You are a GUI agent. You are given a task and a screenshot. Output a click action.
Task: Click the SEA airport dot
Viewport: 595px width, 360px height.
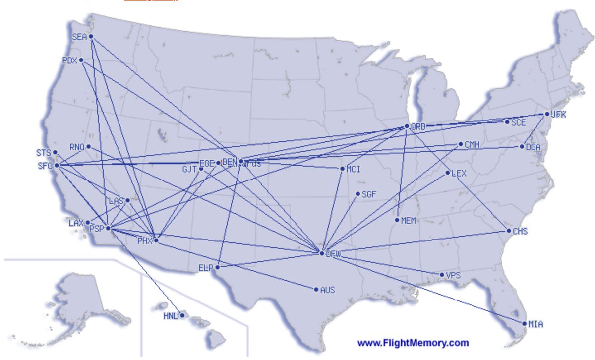click(91, 37)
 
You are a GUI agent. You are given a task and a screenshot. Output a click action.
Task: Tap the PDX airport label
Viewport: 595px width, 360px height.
click(69, 60)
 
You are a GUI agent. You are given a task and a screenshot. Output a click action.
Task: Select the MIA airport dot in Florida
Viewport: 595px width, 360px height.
click(525, 324)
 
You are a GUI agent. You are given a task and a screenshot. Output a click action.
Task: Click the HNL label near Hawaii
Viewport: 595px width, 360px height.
click(170, 316)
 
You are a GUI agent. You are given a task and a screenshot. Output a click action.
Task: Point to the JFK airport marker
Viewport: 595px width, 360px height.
click(547, 114)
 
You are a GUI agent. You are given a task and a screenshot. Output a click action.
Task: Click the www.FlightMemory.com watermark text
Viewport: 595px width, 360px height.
click(413, 343)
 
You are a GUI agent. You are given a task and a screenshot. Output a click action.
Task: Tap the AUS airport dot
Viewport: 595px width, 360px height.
click(316, 289)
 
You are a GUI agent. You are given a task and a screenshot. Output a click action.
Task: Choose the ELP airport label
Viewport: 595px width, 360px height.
click(205, 268)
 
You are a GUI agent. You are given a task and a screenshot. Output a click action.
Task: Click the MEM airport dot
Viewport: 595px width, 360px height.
click(398, 220)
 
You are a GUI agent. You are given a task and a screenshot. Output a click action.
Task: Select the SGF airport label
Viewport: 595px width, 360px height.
click(370, 194)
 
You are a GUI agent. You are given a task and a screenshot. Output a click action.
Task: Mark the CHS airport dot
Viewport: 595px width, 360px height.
click(509, 231)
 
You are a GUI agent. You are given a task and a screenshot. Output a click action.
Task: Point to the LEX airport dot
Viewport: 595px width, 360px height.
click(448, 173)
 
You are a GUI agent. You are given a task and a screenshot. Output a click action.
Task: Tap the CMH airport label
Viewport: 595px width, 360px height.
click(472, 144)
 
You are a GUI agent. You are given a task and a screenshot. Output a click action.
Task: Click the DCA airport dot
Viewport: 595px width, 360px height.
click(522, 146)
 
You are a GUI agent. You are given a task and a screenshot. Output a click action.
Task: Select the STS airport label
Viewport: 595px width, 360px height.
click(44, 152)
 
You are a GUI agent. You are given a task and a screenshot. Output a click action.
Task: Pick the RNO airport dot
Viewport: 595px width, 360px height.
click(88, 146)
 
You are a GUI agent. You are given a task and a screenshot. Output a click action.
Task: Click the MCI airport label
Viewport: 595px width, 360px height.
click(354, 169)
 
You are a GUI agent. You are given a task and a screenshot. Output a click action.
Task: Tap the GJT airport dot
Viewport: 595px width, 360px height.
click(201, 169)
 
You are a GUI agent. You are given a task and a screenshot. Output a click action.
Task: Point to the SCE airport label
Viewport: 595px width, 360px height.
click(519, 122)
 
